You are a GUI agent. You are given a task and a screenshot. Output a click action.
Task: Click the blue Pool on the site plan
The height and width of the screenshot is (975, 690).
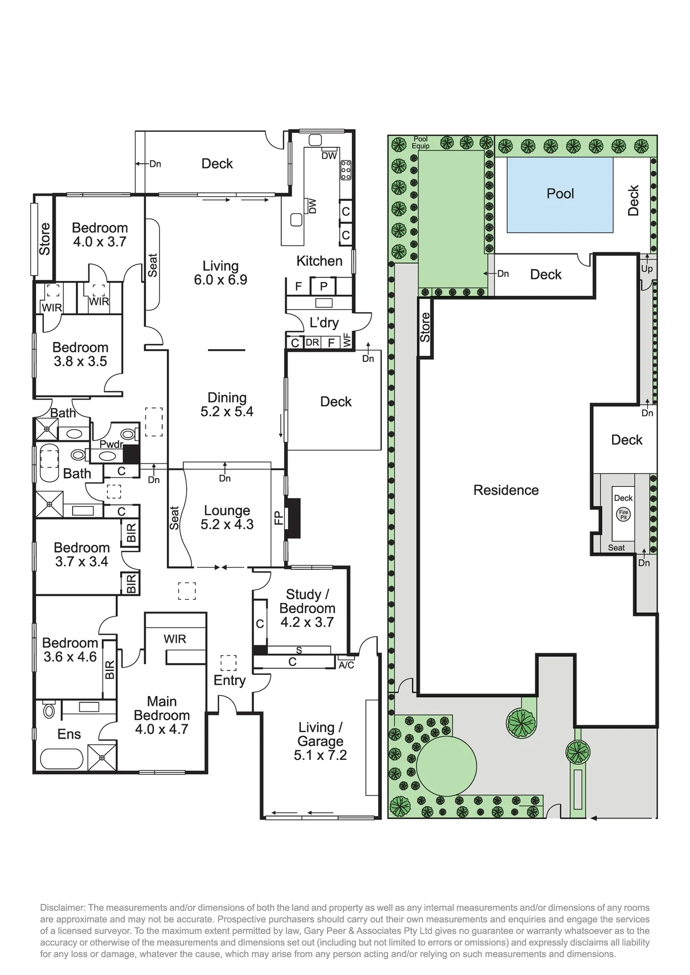coord(560,195)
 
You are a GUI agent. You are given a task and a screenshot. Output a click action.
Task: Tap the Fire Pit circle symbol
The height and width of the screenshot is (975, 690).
coord(623,515)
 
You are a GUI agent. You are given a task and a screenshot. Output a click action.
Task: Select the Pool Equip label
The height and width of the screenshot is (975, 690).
coord(421,143)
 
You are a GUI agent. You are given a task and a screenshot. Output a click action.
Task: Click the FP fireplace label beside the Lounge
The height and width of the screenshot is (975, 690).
coord(279,518)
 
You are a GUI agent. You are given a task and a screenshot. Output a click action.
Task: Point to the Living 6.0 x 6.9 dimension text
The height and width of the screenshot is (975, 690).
coord(221,273)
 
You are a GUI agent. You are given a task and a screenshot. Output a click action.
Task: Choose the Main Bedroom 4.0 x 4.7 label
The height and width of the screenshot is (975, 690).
coord(162,715)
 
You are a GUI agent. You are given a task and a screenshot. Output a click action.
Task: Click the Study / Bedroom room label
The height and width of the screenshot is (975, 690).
coord(307,609)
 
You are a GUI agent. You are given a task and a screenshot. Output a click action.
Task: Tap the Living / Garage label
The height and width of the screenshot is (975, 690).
coord(320,742)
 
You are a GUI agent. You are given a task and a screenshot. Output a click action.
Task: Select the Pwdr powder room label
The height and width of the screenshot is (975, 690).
coord(111,444)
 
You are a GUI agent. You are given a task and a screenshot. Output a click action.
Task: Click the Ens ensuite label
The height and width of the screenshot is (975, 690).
coord(69,734)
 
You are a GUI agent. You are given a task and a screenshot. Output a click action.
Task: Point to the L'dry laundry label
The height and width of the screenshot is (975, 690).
coord(324,322)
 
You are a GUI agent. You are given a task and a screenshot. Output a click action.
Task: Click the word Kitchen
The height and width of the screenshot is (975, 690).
coord(319,261)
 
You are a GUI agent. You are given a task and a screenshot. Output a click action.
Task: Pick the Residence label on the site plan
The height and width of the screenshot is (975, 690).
coord(506,490)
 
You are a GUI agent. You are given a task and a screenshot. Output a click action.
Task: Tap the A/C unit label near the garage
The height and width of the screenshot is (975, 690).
coord(346,665)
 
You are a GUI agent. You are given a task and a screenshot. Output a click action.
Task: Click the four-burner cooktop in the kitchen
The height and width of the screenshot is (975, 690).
coord(346,170)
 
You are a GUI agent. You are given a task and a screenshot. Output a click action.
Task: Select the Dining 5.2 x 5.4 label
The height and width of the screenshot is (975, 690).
coord(227,405)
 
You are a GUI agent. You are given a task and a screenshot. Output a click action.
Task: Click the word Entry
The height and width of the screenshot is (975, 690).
coord(230,680)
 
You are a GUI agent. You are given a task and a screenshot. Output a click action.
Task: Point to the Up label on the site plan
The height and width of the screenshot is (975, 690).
coord(647,269)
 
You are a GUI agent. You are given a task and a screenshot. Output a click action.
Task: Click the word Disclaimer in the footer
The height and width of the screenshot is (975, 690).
coord(61,908)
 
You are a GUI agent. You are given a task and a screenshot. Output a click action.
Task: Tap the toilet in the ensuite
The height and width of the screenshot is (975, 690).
coord(49,709)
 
